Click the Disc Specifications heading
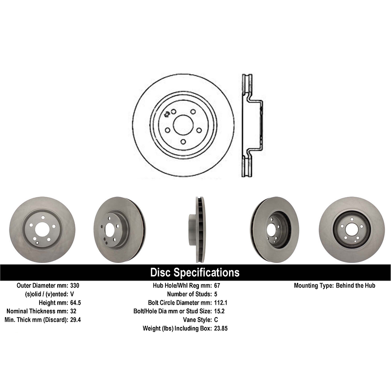195,272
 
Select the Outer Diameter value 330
75,286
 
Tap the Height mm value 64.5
76,302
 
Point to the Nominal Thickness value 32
73,311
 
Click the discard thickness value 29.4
76,320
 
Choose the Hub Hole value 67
217,286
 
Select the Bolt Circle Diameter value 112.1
220,302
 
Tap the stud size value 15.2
219,311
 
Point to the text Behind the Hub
355,286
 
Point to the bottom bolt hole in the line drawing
183,142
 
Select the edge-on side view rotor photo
197,229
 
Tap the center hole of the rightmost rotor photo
351,229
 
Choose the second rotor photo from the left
119,229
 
